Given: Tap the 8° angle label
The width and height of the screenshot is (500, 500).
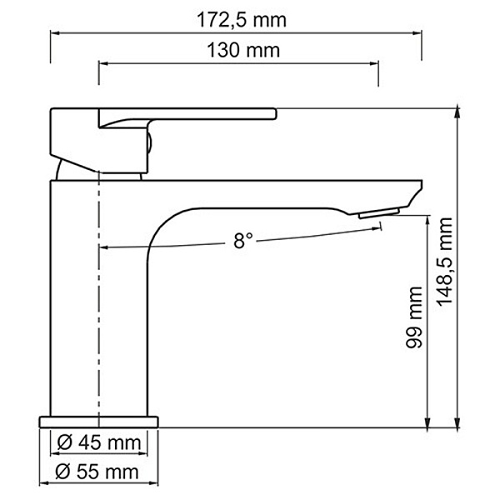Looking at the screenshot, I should point(242,242).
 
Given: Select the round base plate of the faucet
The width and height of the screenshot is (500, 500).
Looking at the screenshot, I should point(98,419).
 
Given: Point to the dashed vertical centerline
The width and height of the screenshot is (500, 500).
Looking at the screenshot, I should point(99,333).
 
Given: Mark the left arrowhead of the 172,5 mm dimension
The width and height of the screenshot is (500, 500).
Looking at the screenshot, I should point(56,32).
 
